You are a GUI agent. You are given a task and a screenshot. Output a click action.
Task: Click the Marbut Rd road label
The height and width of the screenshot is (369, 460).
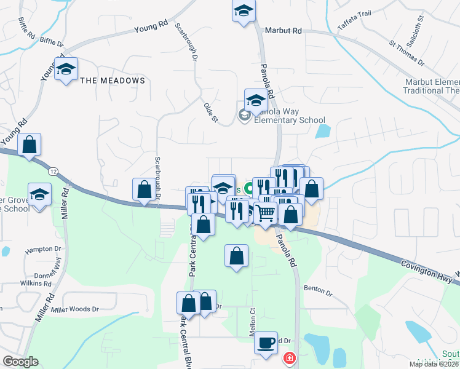[283, 30]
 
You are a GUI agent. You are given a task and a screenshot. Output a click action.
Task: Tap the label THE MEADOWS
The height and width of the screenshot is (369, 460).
[113, 81]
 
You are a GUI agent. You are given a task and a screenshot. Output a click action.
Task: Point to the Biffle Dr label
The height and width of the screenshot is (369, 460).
[51, 44]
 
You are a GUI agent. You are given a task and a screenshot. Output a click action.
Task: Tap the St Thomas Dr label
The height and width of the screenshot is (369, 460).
[406, 54]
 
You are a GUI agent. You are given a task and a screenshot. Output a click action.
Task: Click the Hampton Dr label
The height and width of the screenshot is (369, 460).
[40, 251]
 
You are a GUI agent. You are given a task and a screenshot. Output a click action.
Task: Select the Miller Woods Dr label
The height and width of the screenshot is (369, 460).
[74, 309]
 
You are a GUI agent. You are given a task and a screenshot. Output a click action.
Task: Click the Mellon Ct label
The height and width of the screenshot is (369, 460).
[252, 317]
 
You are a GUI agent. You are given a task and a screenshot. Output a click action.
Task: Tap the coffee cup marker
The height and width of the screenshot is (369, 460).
[266, 342]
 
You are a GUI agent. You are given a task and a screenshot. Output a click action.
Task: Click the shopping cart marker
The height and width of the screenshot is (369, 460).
[265, 213]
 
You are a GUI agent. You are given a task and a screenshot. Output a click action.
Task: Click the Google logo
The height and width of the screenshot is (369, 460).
[20, 362]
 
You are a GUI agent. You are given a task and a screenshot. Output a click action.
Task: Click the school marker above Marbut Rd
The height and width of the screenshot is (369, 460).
[244, 11]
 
